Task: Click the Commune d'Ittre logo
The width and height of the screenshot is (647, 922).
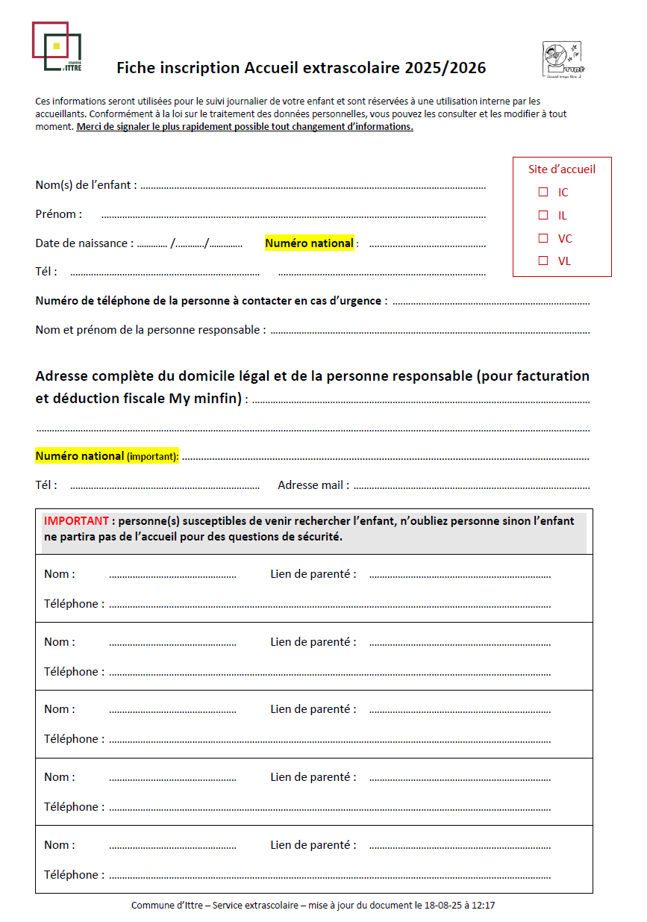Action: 56,47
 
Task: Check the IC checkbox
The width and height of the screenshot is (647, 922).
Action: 543,192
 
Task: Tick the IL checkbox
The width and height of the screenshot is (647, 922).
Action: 543,215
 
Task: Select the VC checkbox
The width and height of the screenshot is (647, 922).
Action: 543,238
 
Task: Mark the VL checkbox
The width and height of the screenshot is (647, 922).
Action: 543,261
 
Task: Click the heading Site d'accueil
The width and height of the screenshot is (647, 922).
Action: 562,169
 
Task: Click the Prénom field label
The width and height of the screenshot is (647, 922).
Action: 58,214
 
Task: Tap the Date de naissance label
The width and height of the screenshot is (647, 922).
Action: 84,243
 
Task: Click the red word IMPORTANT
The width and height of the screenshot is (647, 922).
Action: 77,521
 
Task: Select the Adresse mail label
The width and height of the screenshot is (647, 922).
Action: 313,485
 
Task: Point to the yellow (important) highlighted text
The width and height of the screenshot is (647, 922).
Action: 152,456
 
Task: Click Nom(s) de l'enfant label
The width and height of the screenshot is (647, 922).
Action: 86,185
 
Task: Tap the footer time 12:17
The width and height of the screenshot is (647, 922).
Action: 483,906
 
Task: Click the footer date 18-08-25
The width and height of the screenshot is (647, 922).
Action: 436,906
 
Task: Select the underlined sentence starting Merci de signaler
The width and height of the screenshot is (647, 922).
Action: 245,127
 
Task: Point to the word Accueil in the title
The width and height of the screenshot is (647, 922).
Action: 272,69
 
